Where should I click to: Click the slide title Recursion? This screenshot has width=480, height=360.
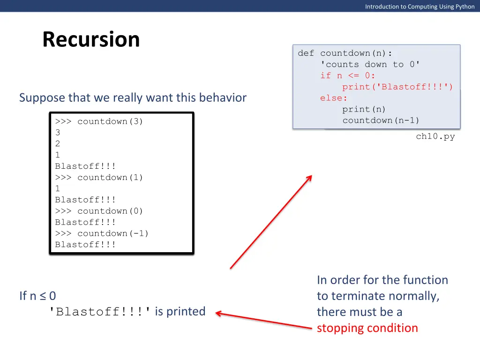click(91, 39)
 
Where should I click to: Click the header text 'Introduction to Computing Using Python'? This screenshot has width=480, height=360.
click(420, 7)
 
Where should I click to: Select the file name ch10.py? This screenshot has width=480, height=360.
click(435, 137)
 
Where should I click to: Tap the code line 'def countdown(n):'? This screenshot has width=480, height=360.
click(345, 53)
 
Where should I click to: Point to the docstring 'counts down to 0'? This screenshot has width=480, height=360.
click(370, 64)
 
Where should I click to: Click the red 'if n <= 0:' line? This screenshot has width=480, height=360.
click(348, 75)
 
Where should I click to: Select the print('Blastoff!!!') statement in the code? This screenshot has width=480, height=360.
click(397, 87)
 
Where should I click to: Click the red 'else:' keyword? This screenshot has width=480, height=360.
click(334, 98)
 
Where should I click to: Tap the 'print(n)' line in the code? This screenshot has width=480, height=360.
click(364, 109)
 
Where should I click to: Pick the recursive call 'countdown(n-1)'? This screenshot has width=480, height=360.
click(381, 120)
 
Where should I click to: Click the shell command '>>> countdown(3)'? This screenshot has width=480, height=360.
click(99, 121)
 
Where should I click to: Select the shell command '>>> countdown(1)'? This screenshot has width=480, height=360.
click(99, 177)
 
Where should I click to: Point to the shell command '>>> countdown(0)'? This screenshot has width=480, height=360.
click(99, 211)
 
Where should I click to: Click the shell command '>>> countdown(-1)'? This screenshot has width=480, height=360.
click(102, 233)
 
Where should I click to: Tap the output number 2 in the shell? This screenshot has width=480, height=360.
click(58, 144)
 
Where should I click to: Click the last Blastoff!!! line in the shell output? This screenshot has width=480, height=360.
click(85, 245)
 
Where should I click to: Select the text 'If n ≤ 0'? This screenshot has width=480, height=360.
click(37, 296)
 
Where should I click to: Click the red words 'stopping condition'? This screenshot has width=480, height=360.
click(367, 328)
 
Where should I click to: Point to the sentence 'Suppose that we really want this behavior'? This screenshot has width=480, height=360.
click(133, 97)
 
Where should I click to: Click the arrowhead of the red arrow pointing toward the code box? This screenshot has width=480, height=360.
click(310, 177)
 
